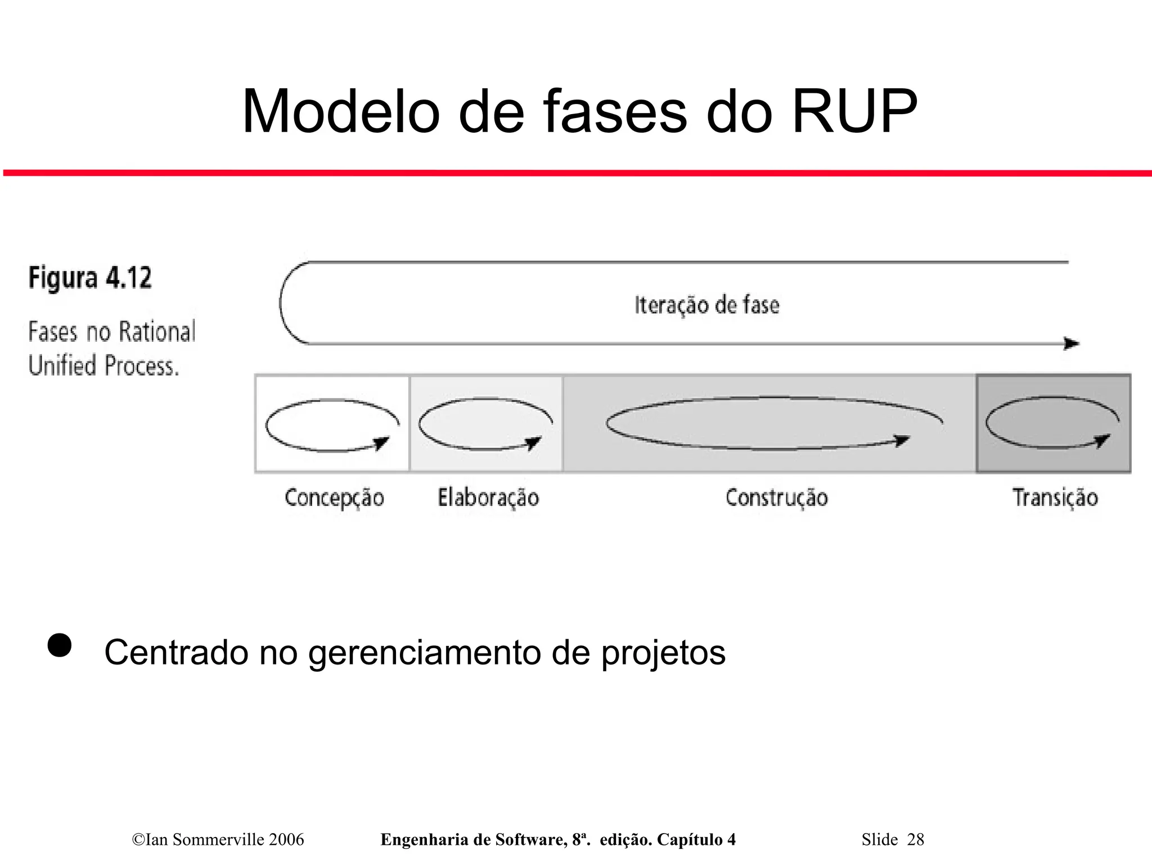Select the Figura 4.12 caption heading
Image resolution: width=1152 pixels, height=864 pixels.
pyautogui.click(x=90, y=278)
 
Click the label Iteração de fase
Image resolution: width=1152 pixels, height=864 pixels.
pyautogui.click(x=706, y=305)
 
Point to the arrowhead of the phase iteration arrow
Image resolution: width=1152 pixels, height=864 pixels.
pyautogui.click(x=1072, y=343)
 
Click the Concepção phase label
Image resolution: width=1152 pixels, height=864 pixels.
pyautogui.click(x=334, y=498)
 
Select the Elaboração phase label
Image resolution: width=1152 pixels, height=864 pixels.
pyautogui.click(x=488, y=497)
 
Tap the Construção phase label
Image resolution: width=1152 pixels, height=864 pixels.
pyautogui.click(x=776, y=497)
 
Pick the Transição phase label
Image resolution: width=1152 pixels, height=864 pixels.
pyautogui.click(x=1055, y=497)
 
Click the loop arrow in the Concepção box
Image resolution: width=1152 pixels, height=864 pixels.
pyautogui.click(x=332, y=425)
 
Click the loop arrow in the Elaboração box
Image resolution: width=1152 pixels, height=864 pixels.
pyautogui.click(x=485, y=424)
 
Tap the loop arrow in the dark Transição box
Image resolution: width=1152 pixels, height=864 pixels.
pyautogui.click(x=1052, y=423)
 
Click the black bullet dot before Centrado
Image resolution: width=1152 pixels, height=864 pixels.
pyautogui.click(x=59, y=645)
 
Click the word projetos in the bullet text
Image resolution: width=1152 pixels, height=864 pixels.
pyautogui.click(x=663, y=653)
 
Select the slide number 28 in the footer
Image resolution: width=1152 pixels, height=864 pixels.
pyautogui.click(x=916, y=839)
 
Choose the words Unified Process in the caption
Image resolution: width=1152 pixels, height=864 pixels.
pyautogui.click(x=103, y=365)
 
